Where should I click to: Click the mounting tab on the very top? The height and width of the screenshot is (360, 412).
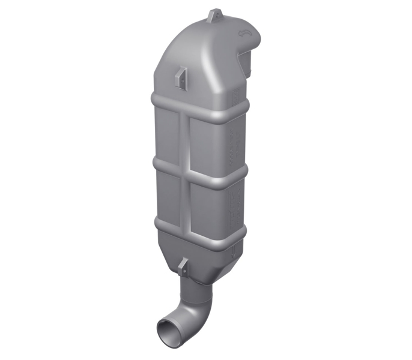tap(211, 15)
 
